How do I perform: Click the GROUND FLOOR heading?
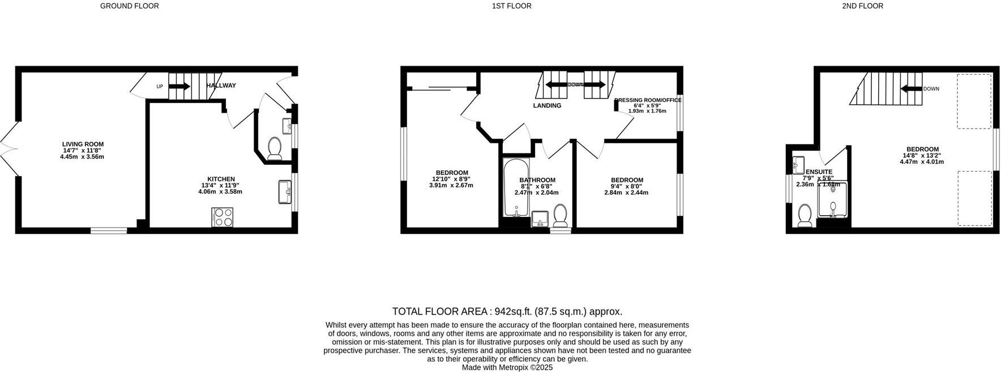click(x=129, y=6)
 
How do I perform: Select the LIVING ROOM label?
click(x=83, y=144)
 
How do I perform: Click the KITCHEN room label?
click(x=221, y=179)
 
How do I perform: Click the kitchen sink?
click(x=284, y=191)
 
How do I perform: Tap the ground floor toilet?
click(x=275, y=148)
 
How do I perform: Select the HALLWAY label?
click(x=221, y=85)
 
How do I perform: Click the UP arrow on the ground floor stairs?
click(x=179, y=87)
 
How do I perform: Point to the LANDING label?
click(x=547, y=106)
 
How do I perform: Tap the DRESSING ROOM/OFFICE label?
click(x=648, y=100)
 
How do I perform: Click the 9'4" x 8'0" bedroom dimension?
click(x=627, y=186)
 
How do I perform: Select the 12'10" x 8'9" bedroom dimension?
click(x=451, y=179)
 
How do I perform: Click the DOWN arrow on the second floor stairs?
click(x=911, y=89)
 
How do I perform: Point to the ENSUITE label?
click(x=819, y=172)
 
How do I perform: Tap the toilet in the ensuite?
click(x=804, y=216)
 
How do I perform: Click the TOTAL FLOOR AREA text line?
click(x=507, y=311)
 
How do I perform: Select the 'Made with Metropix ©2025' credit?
click(x=507, y=367)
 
